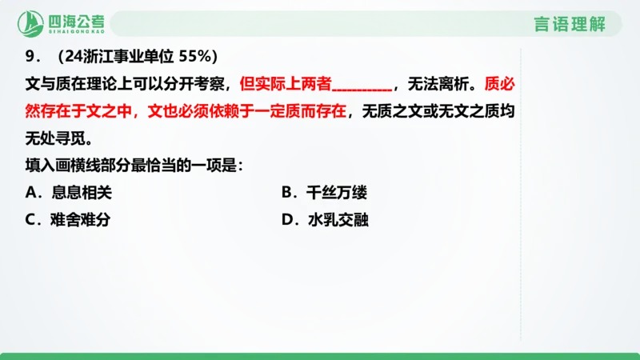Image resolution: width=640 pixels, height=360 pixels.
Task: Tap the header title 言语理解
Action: click(570, 24)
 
